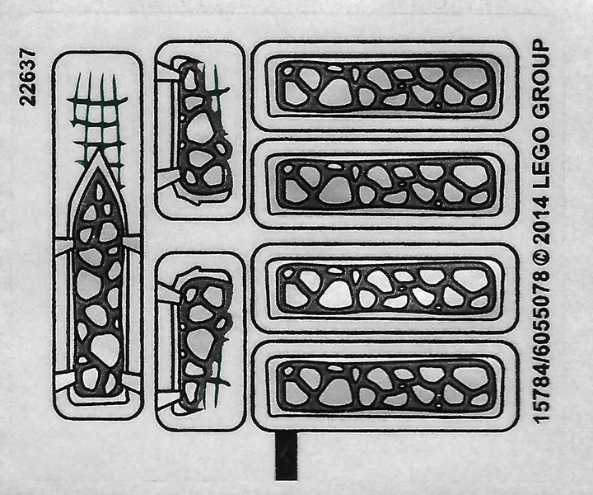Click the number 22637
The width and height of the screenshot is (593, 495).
[29, 78]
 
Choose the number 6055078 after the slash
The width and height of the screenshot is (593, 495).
[541, 311]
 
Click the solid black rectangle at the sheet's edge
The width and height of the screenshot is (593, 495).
[287, 456]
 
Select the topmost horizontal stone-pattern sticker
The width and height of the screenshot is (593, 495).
[385, 86]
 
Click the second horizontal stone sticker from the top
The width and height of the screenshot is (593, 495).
[385, 184]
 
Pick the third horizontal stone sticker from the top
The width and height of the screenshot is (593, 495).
[385, 289]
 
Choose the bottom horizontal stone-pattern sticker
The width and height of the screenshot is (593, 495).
[385, 386]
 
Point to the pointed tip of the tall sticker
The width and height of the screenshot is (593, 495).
[98, 150]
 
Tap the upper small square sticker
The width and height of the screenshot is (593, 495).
[199, 130]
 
